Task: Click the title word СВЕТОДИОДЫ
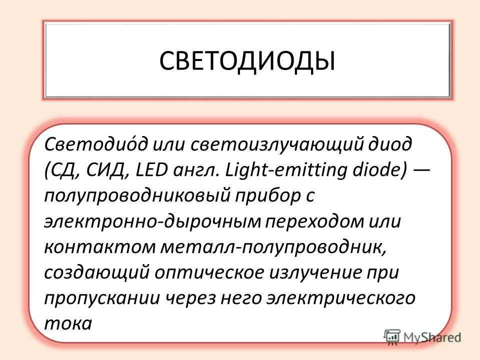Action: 247,61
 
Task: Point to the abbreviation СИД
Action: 107,170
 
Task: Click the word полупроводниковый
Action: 137,196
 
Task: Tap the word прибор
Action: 268,196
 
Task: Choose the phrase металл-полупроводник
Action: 273,247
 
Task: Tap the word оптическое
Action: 209,273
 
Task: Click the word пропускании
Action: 102,299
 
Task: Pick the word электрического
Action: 341,299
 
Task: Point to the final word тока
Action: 68,324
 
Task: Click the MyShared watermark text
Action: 432,337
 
